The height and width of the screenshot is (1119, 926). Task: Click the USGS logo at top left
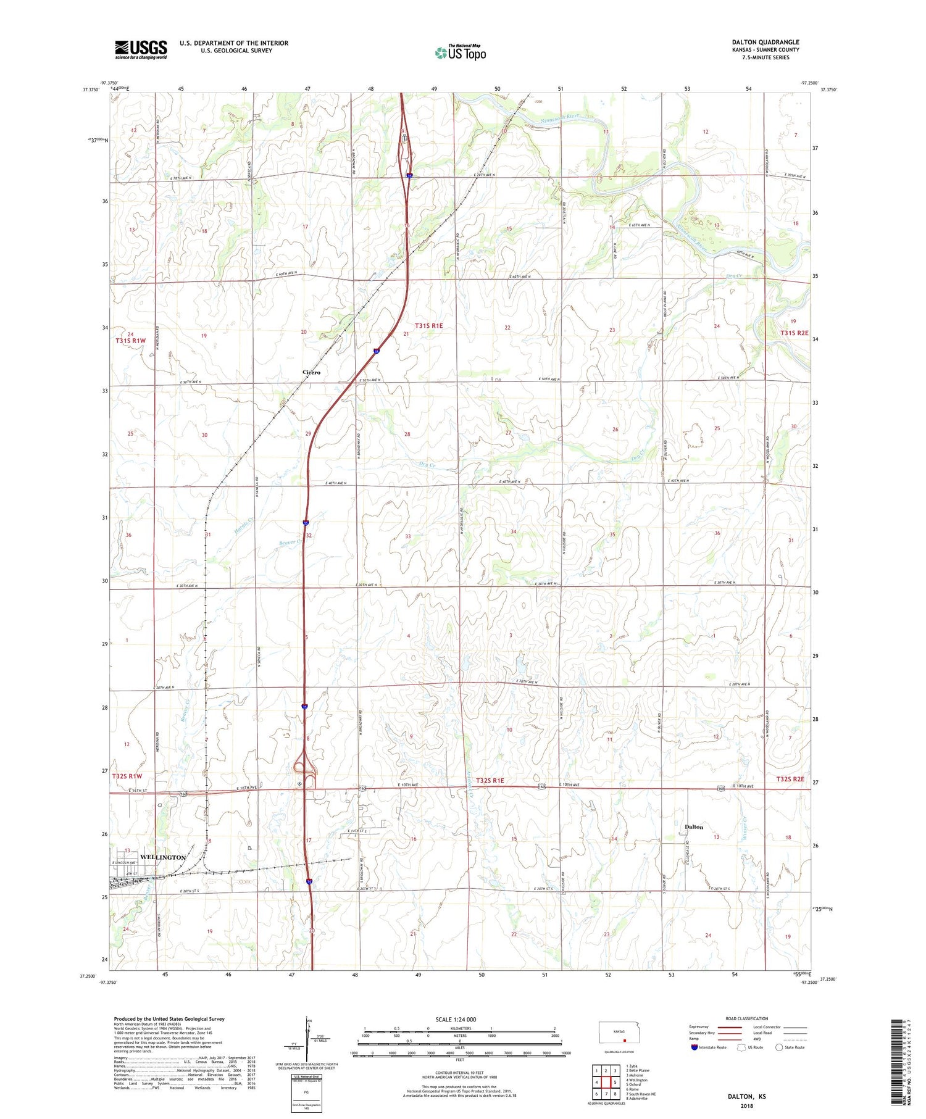pyautogui.click(x=141, y=49)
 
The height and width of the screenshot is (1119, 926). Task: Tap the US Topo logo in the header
pyautogui.click(x=461, y=53)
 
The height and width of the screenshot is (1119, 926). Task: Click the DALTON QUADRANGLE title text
pyautogui.click(x=765, y=42)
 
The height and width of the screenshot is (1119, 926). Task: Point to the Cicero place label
pyautogui.click(x=311, y=372)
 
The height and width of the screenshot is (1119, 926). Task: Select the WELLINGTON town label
pyautogui.click(x=163, y=857)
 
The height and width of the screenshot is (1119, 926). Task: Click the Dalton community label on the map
pyautogui.click(x=694, y=826)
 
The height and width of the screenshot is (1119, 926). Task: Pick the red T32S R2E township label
pyautogui.click(x=790, y=779)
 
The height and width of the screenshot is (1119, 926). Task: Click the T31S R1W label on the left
pyautogui.click(x=130, y=341)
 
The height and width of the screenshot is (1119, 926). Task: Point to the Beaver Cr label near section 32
pyautogui.click(x=290, y=543)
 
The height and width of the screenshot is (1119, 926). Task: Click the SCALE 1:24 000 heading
pyautogui.click(x=456, y=1019)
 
